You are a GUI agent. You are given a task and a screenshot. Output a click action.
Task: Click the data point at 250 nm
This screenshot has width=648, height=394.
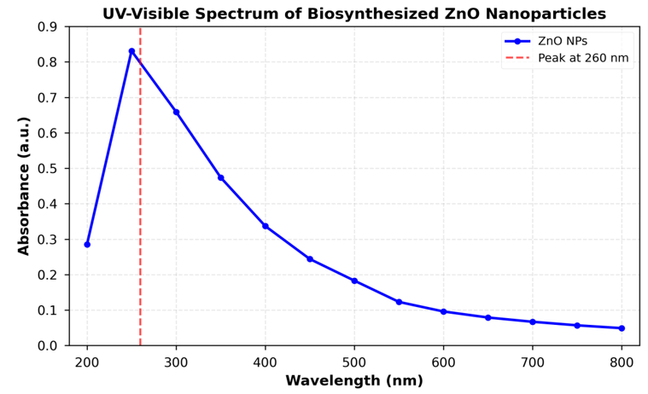click(x=131, y=51)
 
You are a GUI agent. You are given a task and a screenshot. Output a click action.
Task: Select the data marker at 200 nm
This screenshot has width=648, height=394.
click(x=87, y=245)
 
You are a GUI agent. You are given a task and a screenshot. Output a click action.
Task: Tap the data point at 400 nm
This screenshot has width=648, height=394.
click(x=266, y=226)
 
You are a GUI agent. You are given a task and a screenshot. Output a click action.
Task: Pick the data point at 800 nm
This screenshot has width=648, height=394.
click(x=622, y=328)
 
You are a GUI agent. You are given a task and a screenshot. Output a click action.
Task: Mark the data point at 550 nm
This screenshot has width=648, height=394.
click(x=399, y=302)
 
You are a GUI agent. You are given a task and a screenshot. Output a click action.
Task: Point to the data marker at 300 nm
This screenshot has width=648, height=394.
click(x=176, y=112)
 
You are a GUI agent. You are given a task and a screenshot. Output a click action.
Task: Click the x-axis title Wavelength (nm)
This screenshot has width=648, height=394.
click(x=353, y=381)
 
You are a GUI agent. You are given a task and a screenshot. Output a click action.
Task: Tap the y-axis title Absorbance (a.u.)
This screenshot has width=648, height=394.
click(x=24, y=186)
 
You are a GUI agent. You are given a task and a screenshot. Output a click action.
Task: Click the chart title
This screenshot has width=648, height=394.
click(x=353, y=14)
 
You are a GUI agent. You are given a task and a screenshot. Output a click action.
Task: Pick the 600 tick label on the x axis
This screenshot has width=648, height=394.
click(x=443, y=361)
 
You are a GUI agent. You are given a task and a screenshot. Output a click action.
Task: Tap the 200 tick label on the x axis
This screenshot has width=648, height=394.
click(x=87, y=361)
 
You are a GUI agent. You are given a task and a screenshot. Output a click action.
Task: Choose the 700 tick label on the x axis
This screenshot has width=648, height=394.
click(x=533, y=361)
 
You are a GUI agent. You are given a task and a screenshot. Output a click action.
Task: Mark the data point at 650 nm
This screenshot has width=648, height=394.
click(x=487, y=317)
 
